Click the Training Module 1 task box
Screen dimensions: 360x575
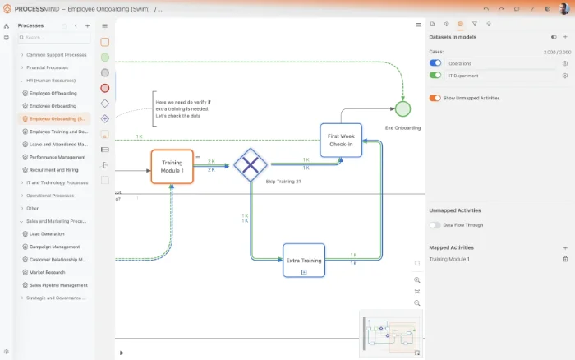click(x=172, y=166)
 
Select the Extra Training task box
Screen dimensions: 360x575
click(x=304, y=260)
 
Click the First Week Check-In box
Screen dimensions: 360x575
click(x=340, y=140)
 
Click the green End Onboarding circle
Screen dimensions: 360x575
click(x=402, y=108)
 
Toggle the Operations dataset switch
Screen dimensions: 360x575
click(x=435, y=63)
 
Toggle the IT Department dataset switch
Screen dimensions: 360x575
click(x=435, y=75)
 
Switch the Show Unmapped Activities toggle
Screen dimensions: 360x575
click(x=435, y=98)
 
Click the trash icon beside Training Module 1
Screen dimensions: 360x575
click(x=565, y=259)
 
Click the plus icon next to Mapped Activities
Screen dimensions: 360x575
click(x=565, y=247)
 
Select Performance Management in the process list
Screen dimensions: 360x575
click(x=57, y=157)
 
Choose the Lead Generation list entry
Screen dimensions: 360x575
click(x=47, y=233)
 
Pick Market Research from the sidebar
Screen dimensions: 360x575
click(x=48, y=272)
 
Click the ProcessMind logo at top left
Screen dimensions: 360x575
click(x=7, y=8)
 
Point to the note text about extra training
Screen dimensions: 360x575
click(x=178, y=108)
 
